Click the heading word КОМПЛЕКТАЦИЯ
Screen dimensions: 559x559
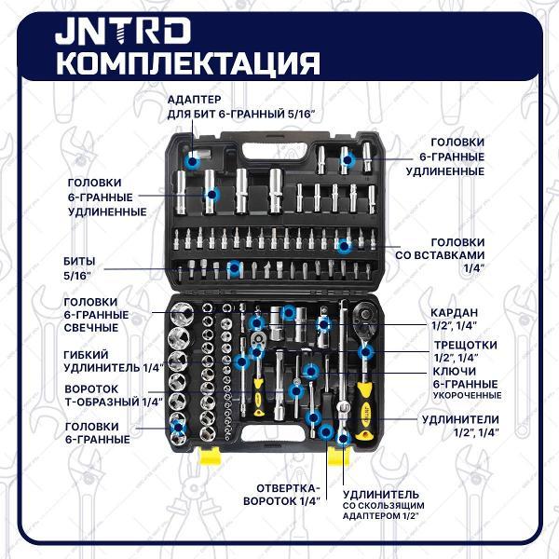[x=187, y=63]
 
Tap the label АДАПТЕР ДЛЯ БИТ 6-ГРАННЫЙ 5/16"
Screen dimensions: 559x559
[x=241, y=106]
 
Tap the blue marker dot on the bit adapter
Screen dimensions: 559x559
[x=193, y=161]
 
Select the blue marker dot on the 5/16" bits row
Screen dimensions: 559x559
[x=235, y=268]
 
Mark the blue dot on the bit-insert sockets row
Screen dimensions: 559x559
[x=344, y=246]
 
